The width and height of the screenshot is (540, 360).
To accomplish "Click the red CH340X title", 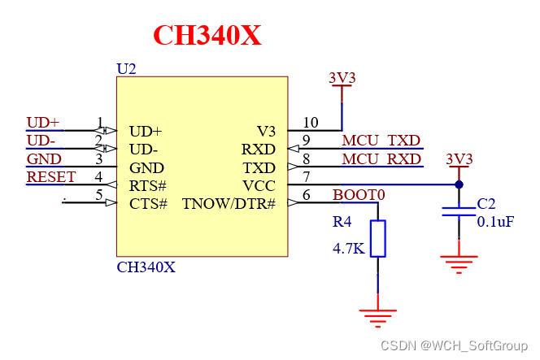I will [x=207, y=36].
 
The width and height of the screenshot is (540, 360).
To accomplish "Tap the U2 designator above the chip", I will [x=126, y=69].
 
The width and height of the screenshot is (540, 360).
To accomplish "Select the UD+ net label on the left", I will [x=42, y=123].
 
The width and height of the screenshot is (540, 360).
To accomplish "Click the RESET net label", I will [x=50, y=177].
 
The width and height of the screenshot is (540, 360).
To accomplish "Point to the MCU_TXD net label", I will [x=381, y=141].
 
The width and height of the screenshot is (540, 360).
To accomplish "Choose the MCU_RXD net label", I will [x=381, y=159].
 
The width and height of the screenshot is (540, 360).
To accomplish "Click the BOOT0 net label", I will [x=359, y=196].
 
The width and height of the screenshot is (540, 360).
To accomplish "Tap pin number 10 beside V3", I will [x=310, y=123].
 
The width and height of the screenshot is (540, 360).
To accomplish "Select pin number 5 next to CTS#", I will [x=99, y=195].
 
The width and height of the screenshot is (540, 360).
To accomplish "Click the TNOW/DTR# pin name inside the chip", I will [x=229, y=203].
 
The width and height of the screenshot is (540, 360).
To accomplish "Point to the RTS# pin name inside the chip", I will [x=148, y=185].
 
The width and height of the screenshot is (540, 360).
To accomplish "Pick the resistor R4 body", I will [x=377, y=238].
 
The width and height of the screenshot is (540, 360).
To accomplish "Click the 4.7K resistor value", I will [x=348, y=249].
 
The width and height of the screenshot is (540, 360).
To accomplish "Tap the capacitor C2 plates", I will [x=459, y=212].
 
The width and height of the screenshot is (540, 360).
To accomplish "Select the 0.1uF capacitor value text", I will [x=495, y=221].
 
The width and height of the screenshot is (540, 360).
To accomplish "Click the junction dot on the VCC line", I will [x=459, y=184].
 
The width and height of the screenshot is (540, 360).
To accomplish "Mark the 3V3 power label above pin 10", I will [x=342, y=78].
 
